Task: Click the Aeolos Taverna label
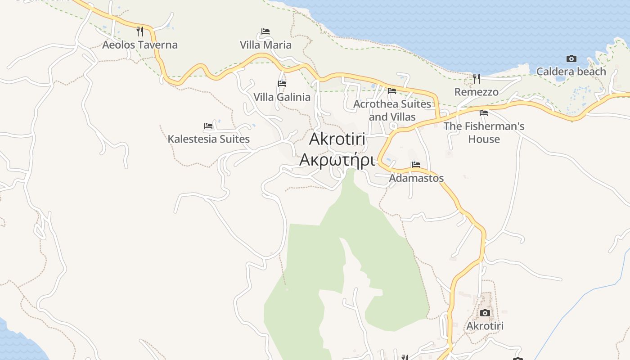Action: (x=140, y=45)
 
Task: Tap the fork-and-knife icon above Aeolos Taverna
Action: (x=140, y=31)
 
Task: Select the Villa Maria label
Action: (x=265, y=45)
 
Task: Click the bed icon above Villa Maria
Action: (x=265, y=31)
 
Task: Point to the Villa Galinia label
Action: (x=282, y=97)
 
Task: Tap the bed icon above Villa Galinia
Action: (x=282, y=84)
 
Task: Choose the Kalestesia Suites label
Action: (x=208, y=139)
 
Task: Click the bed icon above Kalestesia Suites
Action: (x=208, y=126)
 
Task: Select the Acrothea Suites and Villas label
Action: (x=392, y=111)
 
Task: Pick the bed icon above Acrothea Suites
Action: (x=392, y=91)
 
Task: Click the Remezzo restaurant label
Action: (x=477, y=92)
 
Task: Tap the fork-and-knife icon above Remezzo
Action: (x=477, y=79)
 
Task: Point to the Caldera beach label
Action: (x=571, y=72)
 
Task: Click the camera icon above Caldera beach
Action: (x=571, y=58)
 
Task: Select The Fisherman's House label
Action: (x=484, y=133)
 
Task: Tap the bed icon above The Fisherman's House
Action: (x=484, y=113)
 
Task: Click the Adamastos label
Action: (x=416, y=178)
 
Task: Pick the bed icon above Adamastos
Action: (x=416, y=165)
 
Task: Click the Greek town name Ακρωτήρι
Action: (x=337, y=160)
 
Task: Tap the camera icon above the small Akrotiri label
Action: (x=485, y=313)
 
